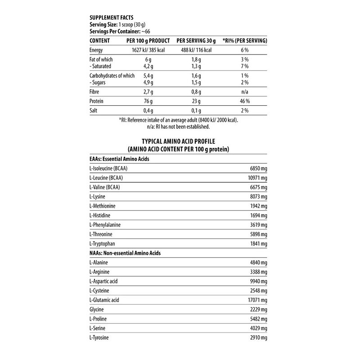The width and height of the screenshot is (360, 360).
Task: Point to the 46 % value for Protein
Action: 245,101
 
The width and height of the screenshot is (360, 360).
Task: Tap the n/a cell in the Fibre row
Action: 245,91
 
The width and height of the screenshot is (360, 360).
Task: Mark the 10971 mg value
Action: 256,178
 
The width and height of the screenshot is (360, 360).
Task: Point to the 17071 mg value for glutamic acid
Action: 256,300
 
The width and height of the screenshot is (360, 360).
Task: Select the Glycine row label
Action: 97,309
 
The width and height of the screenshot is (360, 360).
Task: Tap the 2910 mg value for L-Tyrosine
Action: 258,337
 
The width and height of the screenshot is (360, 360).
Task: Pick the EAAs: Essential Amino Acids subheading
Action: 119,159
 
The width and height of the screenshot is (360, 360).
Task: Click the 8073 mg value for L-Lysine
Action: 258,197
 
